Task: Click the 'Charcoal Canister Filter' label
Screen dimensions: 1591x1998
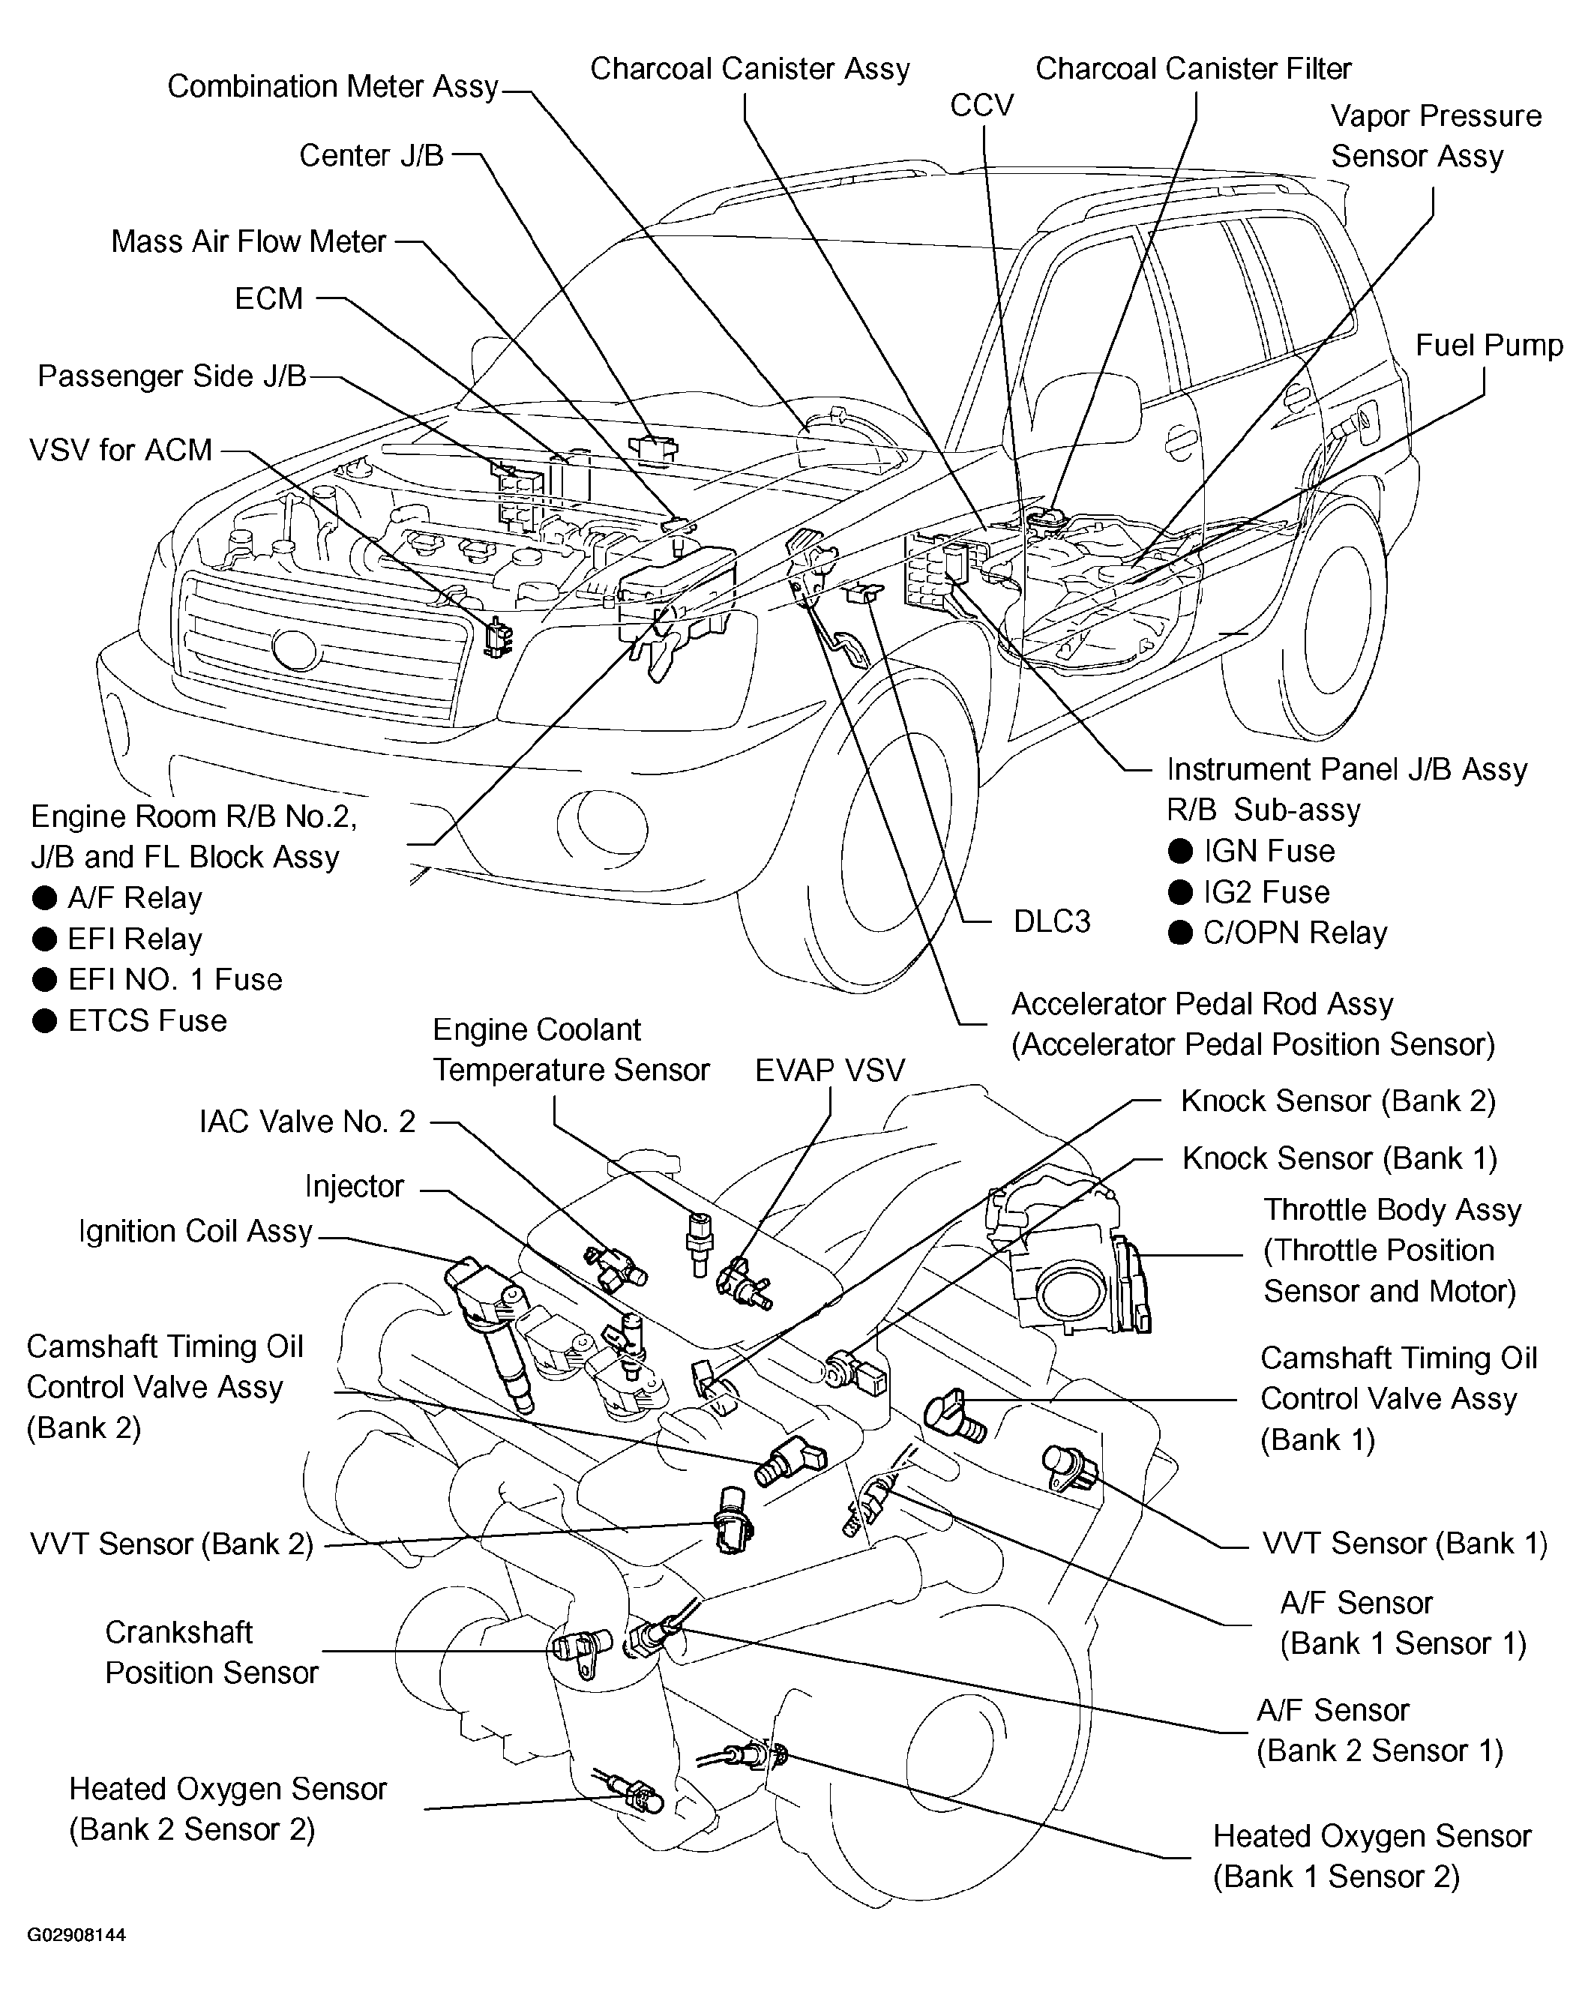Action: pos(1194,68)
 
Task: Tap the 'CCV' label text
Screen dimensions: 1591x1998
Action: pos(982,106)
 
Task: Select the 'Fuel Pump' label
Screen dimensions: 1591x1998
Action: pos(1489,345)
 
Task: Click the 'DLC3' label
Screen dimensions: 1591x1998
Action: pos(1052,921)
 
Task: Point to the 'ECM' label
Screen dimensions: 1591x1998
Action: pos(268,298)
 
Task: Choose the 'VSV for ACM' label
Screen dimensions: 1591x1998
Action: pos(121,451)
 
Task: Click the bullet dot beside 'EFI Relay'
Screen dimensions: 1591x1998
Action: pos(44,939)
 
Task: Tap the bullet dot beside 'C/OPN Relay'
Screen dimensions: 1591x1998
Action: pos(1179,933)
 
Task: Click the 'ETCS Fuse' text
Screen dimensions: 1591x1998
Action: pos(148,1020)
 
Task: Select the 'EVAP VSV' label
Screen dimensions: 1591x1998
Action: pos(829,1071)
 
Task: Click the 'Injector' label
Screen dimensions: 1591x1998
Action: pos(355,1186)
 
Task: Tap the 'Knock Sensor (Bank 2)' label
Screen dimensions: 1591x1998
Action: pos(1338,1101)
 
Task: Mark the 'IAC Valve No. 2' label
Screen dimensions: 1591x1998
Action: pos(307,1122)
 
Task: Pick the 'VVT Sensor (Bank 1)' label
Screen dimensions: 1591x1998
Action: pos(1405,1543)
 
